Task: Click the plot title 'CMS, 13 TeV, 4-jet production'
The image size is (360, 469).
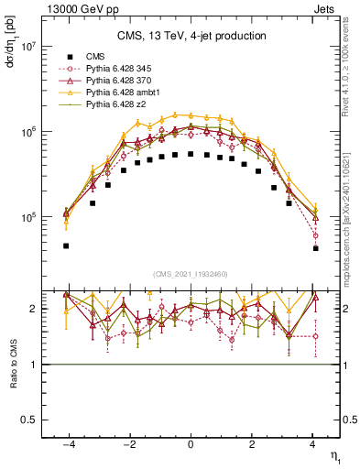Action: [x=191, y=37]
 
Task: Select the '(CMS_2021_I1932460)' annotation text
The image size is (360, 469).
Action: [x=191, y=274]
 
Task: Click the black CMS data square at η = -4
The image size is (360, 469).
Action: [x=66, y=245]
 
